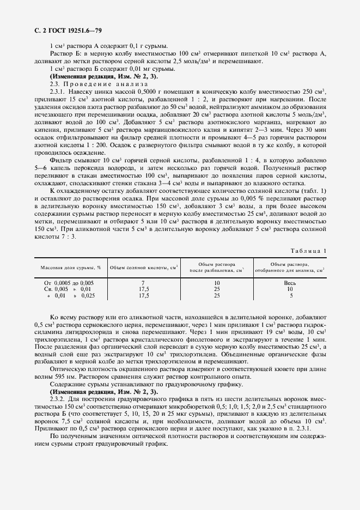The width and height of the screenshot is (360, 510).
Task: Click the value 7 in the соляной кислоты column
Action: [142, 283]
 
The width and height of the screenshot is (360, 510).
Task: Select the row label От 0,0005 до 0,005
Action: [69, 283]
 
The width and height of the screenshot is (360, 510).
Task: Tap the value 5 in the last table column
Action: [291, 295]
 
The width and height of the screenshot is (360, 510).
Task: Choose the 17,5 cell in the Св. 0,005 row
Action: [144, 289]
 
